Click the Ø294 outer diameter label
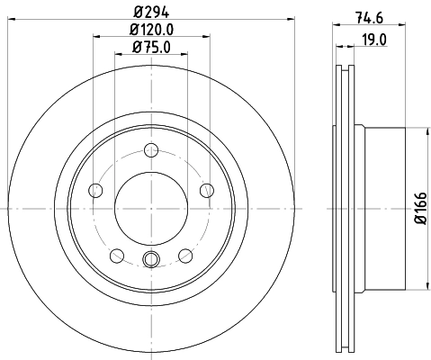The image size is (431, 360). (x=151, y=11)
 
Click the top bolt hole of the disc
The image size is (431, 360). (x=151, y=149)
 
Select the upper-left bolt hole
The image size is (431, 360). (x=96, y=189)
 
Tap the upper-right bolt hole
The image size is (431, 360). (x=206, y=189)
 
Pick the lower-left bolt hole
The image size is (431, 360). (x=117, y=255)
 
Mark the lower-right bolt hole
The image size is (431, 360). (x=185, y=255)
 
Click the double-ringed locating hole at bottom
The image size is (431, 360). (x=151, y=261)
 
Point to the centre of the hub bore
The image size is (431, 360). (x=151, y=208)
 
